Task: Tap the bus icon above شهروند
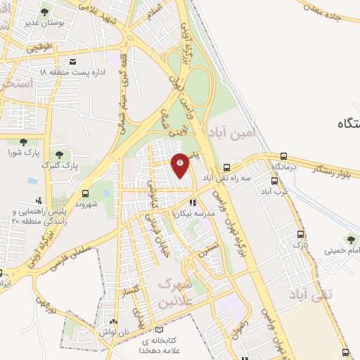point(85,193)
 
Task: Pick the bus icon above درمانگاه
point(283,157)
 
